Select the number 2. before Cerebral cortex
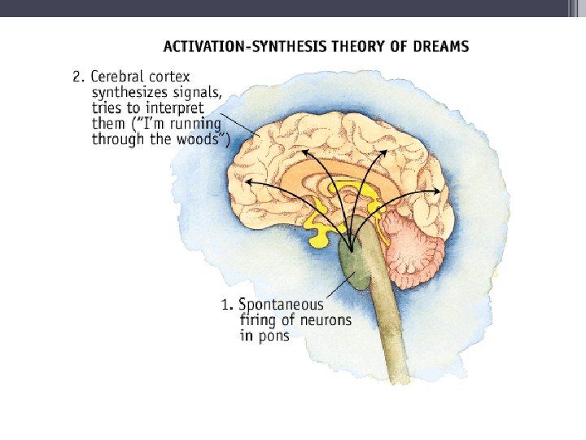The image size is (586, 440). click(78, 77)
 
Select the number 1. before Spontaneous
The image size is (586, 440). click(227, 306)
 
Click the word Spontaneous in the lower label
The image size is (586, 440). click(281, 306)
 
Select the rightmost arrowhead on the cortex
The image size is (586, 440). click(440, 191)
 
